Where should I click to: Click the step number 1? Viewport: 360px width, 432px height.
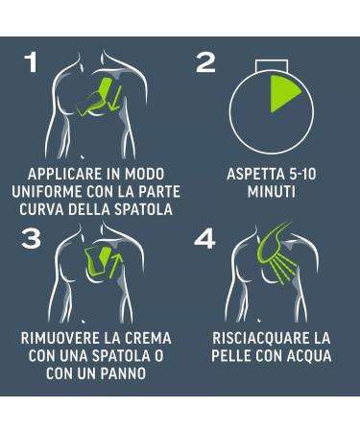pyautogui.click(x=31, y=62)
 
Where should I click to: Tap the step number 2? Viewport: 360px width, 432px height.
pyautogui.click(x=205, y=62)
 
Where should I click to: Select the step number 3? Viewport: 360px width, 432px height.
pyautogui.click(x=31, y=239)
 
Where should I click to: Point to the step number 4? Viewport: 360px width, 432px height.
pyautogui.click(x=204, y=239)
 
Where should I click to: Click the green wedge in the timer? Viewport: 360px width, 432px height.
pyautogui.click(x=282, y=93)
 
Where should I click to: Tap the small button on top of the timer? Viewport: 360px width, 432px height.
pyautogui.click(x=272, y=64)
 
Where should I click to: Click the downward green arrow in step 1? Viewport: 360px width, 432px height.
pyautogui.click(x=114, y=99)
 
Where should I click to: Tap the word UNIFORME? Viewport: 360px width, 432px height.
pyautogui.click(x=47, y=192)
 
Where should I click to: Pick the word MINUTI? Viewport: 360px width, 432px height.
pyautogui.click(x=272, y=192)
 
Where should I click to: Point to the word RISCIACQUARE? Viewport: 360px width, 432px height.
pyautogui.click(x=255, y=339)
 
